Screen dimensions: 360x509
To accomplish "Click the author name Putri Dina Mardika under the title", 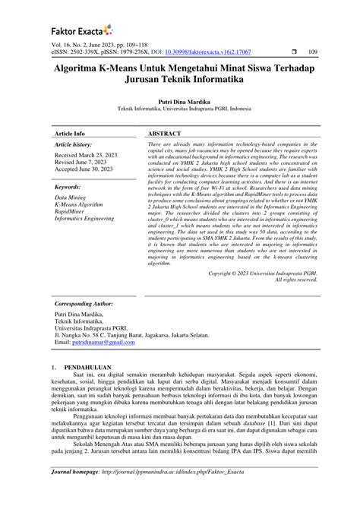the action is [179, 100].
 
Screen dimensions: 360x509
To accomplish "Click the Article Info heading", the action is [69, 132].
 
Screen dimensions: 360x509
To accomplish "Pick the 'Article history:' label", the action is [73, 144].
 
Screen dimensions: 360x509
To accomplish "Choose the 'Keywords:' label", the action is [68, 186].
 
